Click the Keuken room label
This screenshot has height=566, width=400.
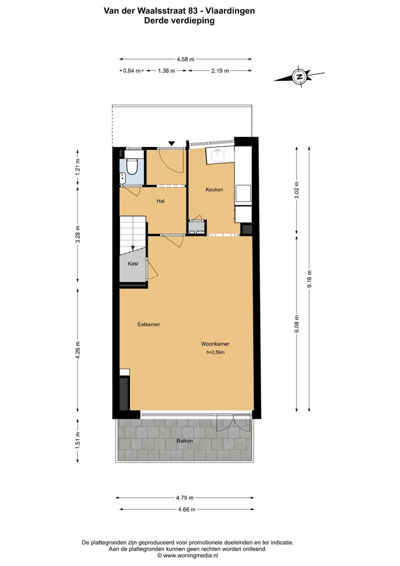(x=214, y=190)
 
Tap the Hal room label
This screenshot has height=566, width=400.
(x=161, y=201)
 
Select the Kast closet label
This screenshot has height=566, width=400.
(x=133, y=264)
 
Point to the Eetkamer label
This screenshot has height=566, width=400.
(x=149, y=324)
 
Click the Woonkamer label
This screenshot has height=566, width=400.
(x=215, y=344)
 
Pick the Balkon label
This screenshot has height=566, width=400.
(x=184, y=441)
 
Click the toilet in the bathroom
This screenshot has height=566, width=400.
(x=132, y=165)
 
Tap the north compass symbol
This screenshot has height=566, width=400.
(x=299, y=76)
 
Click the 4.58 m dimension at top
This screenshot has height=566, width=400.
(x=185, y=59)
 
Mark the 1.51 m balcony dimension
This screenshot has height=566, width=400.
(x=78, y=440)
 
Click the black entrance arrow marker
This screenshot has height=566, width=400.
(x=172, y=144)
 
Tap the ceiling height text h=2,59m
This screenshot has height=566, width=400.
(x=216, y=352)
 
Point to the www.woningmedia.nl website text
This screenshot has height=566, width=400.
(x=188, y=555)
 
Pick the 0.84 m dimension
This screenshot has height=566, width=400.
(x=132, y=71)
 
